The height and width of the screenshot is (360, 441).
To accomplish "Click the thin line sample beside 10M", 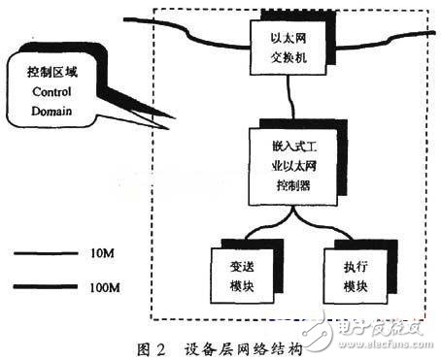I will pyautogui.click(x=49, y=253).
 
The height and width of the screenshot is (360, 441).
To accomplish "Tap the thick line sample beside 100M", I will pyautogui.click(x=49, y=288).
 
